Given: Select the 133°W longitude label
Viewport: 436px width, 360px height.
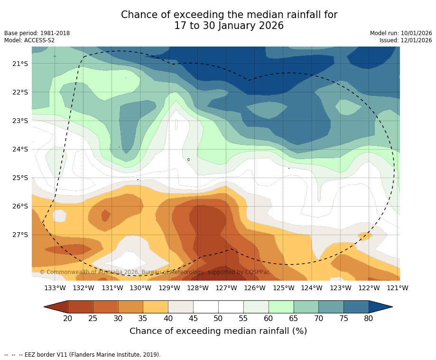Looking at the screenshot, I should tap(55, 288).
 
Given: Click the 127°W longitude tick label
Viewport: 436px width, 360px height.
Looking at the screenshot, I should tap(226, 288).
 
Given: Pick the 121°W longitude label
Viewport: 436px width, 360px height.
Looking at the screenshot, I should tap(398, 288).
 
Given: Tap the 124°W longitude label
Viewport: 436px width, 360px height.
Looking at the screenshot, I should tap(312, 288).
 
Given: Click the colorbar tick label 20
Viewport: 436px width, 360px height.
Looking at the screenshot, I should tap(68, 318).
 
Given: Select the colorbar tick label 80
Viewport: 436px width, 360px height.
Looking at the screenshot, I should tap(369, 318).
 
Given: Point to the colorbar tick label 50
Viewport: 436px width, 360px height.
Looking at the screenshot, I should tap(218, 318).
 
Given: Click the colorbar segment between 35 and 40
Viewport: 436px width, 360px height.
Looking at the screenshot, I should tap(156, 307).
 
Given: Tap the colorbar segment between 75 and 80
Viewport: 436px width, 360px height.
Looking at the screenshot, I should tap(356, 307).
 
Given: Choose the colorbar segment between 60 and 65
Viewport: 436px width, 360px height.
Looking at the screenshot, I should tap(281, 307).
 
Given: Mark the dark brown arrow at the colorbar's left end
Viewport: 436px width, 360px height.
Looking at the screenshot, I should tap(56, 307).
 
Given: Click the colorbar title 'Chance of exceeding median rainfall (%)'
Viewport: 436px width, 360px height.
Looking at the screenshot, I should tap(218, 331).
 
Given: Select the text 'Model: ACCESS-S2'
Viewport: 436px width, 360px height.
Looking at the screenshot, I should tap(29, 40).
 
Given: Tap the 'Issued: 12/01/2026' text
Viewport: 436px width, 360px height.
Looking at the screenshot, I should tap(406, 40).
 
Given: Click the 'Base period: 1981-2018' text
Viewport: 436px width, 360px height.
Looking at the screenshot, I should tap(37, 33).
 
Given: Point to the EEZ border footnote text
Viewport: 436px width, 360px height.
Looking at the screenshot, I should tap(83, 355).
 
